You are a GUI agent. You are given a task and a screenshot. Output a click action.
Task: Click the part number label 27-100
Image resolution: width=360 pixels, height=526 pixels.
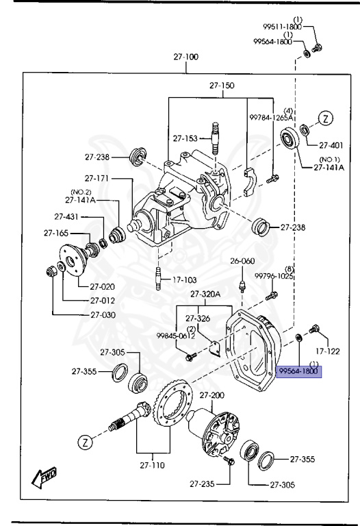click(x=185, y=57)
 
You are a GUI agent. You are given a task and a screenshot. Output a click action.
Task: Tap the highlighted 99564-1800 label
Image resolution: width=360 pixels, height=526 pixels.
click(x=298, y=371)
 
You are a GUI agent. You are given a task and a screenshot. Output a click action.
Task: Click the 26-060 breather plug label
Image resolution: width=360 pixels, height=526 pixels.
click(x=242, y=261)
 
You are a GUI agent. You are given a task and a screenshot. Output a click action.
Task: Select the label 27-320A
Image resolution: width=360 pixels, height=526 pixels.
click(x=205, y=294)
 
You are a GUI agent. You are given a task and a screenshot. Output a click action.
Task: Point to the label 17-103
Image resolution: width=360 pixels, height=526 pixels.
click(x=184, y=279)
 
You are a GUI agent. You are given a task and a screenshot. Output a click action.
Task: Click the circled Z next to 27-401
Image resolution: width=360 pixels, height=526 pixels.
click(x=326, y=118)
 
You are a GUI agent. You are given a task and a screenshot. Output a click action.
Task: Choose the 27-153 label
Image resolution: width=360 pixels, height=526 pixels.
click(x=185, y=138)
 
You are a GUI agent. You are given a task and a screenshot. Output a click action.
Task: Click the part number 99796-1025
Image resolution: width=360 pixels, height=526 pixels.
click(x=274, y=276)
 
